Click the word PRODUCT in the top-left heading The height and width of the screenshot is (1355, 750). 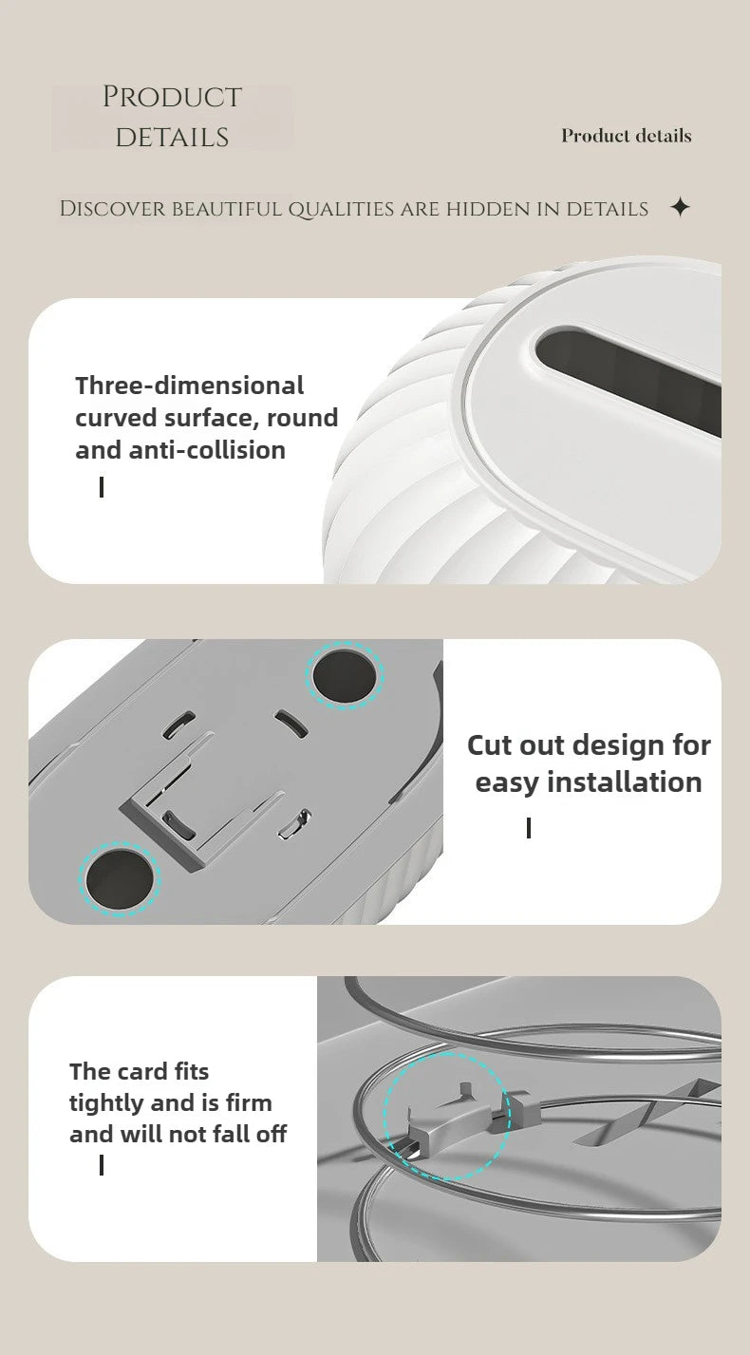172,97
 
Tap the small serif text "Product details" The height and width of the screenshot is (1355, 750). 626,136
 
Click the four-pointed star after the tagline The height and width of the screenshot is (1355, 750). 681,208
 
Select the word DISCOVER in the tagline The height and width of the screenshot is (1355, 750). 112,209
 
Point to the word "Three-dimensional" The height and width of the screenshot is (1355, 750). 189,386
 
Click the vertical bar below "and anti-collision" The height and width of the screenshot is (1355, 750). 102,487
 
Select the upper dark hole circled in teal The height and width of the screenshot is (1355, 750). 346,674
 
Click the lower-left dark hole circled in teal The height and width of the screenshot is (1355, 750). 120,880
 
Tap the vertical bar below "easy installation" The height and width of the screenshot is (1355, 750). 529,828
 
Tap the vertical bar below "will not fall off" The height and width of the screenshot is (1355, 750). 102,1165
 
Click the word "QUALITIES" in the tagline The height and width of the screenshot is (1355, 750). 341,209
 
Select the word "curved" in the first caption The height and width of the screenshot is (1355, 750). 116,418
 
